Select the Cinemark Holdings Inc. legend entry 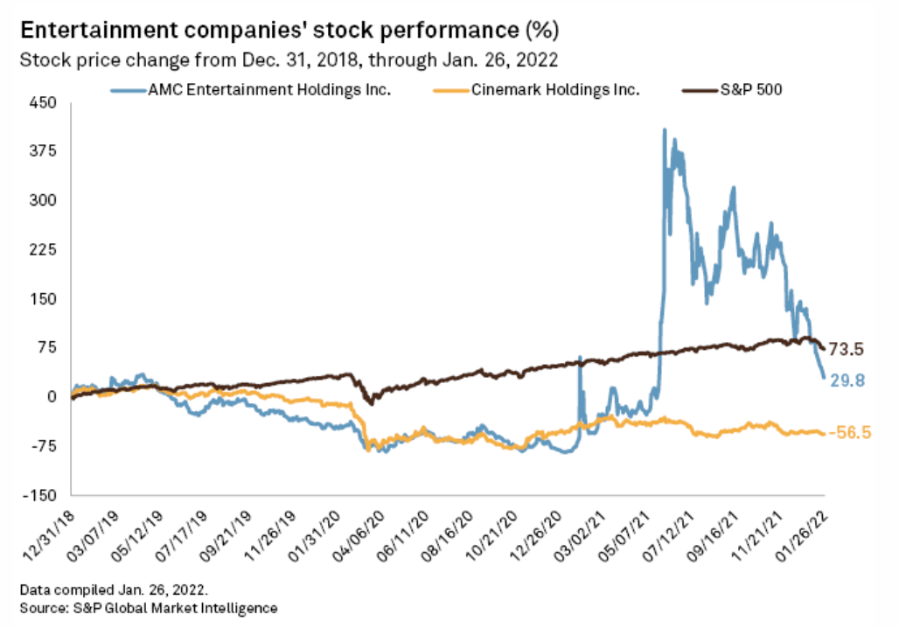pos(540,89)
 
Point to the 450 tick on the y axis pos(42,102)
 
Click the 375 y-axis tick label pos(42,151)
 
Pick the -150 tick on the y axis pos(39,495)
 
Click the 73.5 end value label pos(846,350)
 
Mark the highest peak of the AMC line pos(665,130)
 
